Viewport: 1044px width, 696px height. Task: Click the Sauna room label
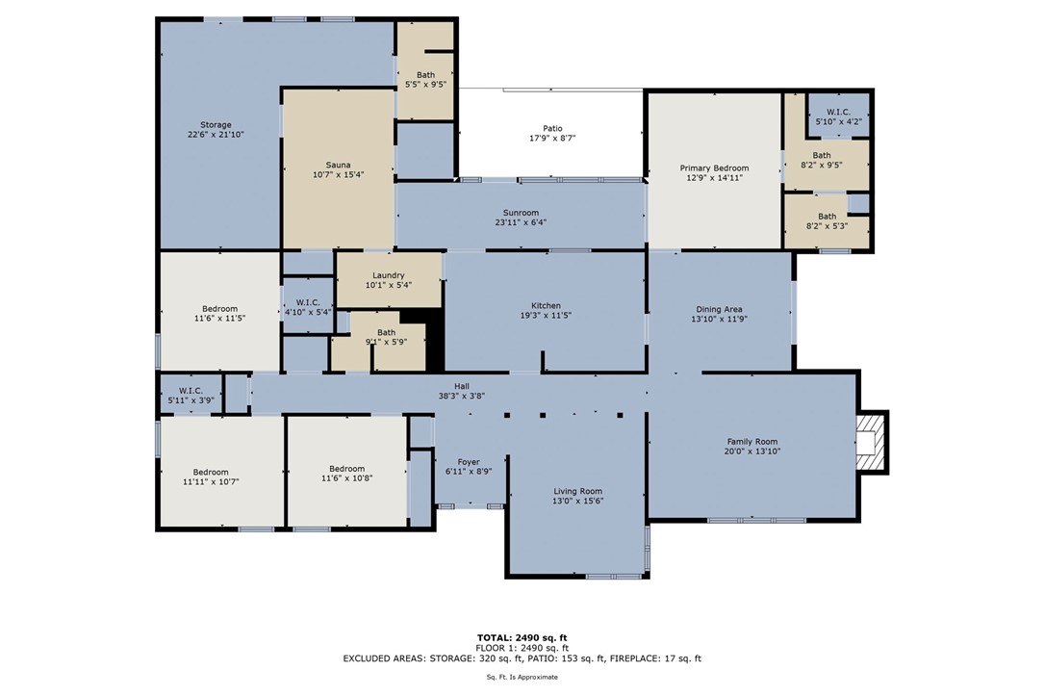click(x=339, y=166)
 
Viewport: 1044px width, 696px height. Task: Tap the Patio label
click(x=552, y=129)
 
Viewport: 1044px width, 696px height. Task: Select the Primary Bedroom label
click(x=714, y=168)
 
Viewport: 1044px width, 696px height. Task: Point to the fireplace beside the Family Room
click(x=872, y=442)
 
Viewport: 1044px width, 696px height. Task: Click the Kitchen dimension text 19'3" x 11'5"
click(x=546, y=316)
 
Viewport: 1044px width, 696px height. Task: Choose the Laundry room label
click(x=388, y=275)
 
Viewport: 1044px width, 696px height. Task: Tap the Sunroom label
click(x=521, y=213)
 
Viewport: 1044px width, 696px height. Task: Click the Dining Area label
click(x=719, y=310)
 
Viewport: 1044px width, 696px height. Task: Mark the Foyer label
click(x=469, y=462)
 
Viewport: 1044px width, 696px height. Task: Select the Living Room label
click(x=578, y=492)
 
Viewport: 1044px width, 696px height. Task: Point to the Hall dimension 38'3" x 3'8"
click(x=462, y=396)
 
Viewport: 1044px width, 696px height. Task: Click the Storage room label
click(x=216, y=125)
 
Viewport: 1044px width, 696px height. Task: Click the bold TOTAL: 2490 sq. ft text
click(x=522, y=638)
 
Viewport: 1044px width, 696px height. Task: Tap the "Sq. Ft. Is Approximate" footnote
click(x=522, y=678)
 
